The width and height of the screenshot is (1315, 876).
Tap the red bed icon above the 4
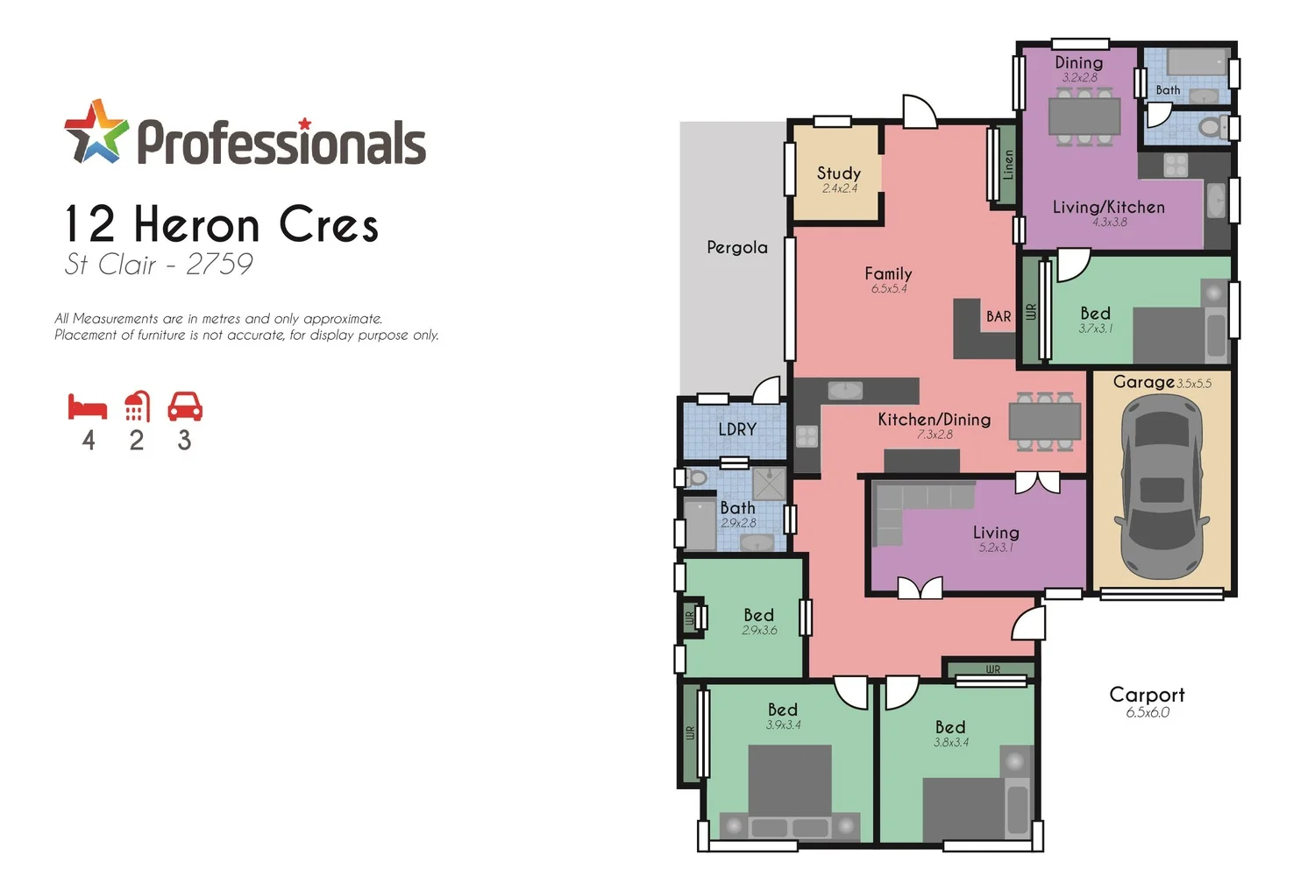[x=88, y=407]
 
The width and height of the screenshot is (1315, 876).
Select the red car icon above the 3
[x=185, y=406]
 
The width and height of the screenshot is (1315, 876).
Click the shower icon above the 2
[x=137, y=406]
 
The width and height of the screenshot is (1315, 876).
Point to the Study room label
[x=838, y=173]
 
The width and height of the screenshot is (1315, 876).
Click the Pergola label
[x=736, y=248]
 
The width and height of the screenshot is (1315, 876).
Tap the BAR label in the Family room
[x=998, y=316]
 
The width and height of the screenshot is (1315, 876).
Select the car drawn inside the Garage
[x=1162, y=486]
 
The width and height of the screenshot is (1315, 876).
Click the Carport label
[x=1147, y=695]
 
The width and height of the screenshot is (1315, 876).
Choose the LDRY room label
[x=736, y=429]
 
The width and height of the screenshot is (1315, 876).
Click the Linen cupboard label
[x=1008, y=165]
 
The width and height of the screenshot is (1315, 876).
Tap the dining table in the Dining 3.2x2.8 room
[x=1084, y=116]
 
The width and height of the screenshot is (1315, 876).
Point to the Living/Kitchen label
[x=1108, y=208]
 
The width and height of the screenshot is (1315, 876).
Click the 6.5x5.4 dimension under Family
[x=889, y=289]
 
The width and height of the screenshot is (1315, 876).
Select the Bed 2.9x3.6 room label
[x=758, y=616]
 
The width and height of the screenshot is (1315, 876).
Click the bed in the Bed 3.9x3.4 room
[x=789, y=788]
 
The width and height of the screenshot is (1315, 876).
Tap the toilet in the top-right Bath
[x=1212, y=128]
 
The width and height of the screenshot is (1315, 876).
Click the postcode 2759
[x=219, y=264]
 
